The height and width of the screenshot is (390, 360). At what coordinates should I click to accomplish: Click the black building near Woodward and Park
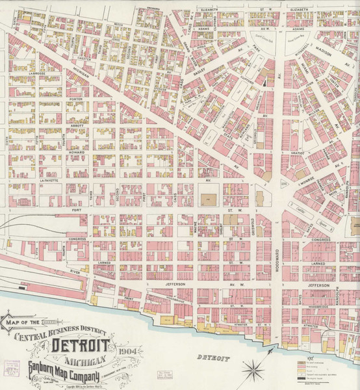point(268,81)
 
